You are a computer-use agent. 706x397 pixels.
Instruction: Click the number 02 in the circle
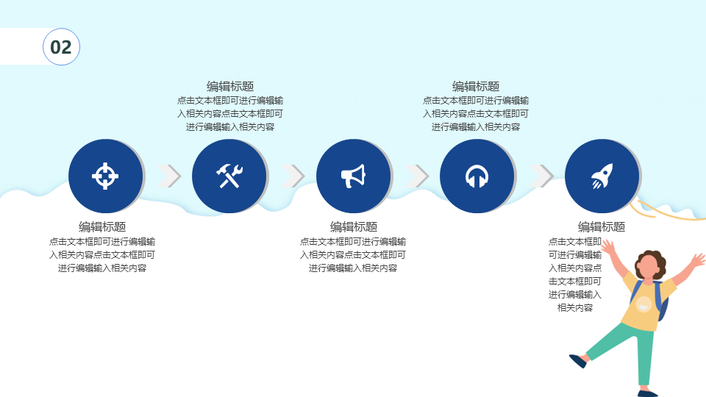(61, 47)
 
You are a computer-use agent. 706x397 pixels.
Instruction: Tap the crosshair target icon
(105, 176)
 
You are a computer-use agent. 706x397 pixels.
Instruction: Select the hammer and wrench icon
(229, 176)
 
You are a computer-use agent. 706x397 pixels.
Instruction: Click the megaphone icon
(353, 176)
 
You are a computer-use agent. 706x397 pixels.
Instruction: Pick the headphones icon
(477, 176)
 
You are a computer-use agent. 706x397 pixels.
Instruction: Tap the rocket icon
(602, 176)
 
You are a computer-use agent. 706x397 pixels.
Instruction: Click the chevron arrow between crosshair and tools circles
(169, 176)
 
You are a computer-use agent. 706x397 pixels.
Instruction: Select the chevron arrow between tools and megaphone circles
(293, 176)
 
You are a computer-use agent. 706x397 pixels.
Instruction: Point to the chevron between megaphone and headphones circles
(417, 176)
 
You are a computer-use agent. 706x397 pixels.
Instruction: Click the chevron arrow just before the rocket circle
(542, 176)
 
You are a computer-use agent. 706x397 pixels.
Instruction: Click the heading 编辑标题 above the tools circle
(230, 86)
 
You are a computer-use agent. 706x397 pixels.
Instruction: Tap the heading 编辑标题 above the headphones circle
(476, 86)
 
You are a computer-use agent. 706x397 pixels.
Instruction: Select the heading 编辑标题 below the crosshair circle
(102, 226)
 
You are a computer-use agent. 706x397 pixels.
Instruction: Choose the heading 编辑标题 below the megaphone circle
(354, 226)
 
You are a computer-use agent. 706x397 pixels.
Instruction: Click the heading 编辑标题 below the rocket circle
(602, 226)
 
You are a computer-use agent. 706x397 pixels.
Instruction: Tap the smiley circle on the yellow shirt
(644, 304)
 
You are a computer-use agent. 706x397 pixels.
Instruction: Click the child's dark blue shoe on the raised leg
(578, 361)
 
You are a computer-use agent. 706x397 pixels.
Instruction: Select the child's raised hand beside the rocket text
(608, 246)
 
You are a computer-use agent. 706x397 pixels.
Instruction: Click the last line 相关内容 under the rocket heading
(575, 308)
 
